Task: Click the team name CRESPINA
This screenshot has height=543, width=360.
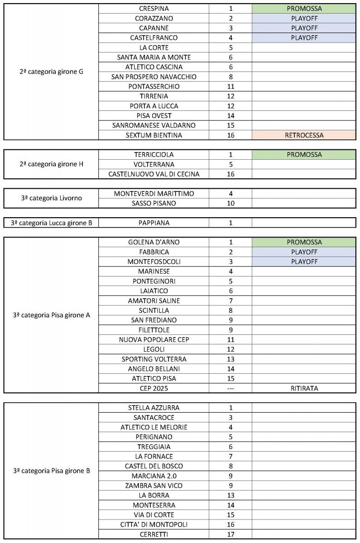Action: pyautogui.click(x=154, y=9)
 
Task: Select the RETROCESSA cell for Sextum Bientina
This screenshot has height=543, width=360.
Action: pyautogui.click(x=304, y=135)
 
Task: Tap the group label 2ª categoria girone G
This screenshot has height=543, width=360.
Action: pyautogui.click(x=52, y=71)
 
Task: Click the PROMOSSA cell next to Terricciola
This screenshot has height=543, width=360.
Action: pyautogui.click(x=304, y=154)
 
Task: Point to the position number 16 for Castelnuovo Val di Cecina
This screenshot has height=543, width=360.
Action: pyautogui.click(x=230, y=174)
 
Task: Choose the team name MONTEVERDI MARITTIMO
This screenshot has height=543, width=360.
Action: pyautogui.click(x=154, y=193)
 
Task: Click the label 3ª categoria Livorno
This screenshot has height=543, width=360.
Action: pyautogui.click(x=52, y=198)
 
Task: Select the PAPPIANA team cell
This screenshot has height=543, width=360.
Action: pyautogui.click(x=154, y=223)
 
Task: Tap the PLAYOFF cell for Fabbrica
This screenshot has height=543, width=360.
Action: pyautogui.click(x=304, y=252)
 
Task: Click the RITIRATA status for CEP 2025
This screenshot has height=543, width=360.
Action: pyautogui.click(x=304, y=388)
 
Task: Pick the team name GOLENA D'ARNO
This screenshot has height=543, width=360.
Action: pyautogui.click(x=154, y=242)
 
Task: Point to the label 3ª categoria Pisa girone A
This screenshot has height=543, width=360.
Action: pyautogui.click(x=52, y=315)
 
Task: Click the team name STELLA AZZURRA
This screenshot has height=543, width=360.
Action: pyautogui.click(x=154, y=407)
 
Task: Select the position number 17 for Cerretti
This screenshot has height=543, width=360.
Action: pyautogui.click(x=230, y=534)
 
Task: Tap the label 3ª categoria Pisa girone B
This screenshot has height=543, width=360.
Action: pyautogui.click(x=52, y=471)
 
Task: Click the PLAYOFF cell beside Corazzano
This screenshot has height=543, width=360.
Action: pyautogui.click(x=304, y=18)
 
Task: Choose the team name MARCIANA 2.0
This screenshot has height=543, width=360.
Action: pyautogui.click(x=154, y=476)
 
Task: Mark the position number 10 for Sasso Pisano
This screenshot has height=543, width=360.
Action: pyautogui.click(x=230, y=203)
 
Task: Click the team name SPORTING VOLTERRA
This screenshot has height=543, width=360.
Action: pyautogui.click(x=154, y=359)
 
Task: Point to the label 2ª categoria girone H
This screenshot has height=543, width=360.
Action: pyautogui.click(x=52, y=164)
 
